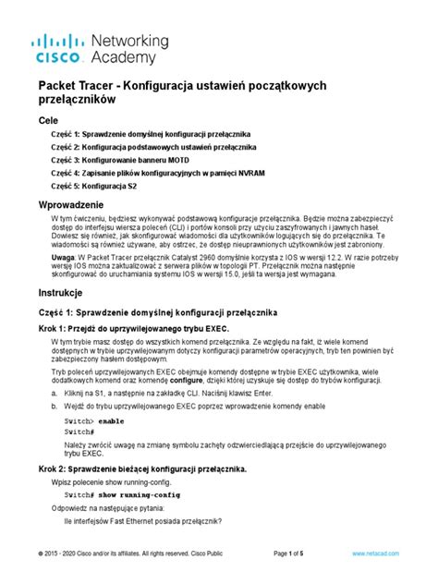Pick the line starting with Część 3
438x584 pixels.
[x=139, y=158]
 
